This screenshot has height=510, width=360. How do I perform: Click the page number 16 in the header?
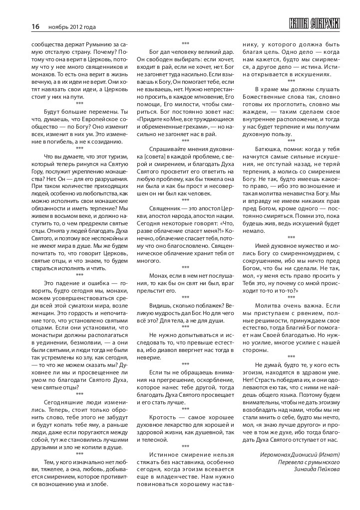pos(35,26)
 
